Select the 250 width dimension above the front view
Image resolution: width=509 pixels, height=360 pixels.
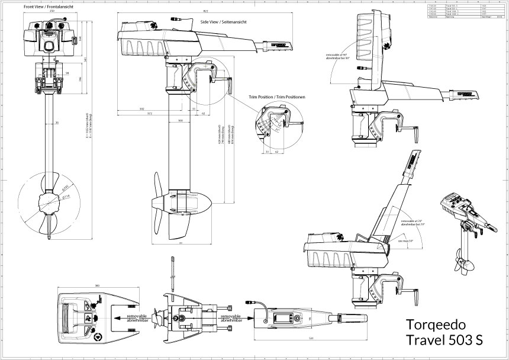click(52, 12)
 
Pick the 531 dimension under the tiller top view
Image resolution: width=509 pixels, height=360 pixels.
click(311, 339)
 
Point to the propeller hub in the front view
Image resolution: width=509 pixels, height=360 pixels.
click(47, 204)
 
